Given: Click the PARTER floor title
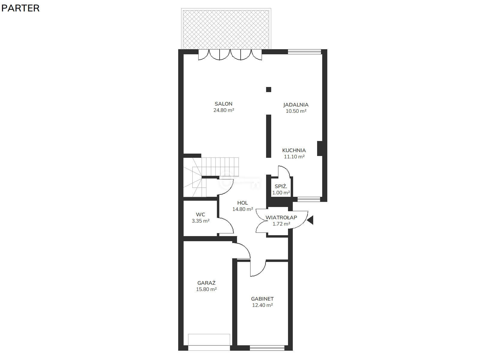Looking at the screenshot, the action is click(x=20, y=8).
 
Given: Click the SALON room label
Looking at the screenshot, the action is click(x=223, y=104).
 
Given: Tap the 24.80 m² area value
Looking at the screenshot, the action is click(x=224, y=110).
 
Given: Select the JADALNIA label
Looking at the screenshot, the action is click(x=296, y=105).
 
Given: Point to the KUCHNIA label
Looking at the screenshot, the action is click(x=294, y=150).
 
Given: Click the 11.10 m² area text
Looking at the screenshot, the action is click(x=294, y=157).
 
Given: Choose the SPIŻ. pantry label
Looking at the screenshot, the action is click(x=281, y=186).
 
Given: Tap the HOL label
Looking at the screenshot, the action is click(x=242, y=203).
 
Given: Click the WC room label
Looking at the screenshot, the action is click(x=200, y=214).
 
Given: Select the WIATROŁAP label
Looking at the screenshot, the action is click(x=281, y=217).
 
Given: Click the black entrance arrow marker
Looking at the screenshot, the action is click(x=310, y=220).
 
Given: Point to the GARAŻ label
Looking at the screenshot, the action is click(x=206, y=283).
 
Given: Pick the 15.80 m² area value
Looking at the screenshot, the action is click(x=206, y=289).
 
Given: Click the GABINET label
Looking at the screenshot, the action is click(x=262, y=299).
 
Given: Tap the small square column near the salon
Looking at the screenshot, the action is click(x=268, y=89).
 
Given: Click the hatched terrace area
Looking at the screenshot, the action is click(x=226, y=29).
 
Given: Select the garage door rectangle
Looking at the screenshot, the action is click(x=209, y=340).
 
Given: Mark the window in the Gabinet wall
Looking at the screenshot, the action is click(x=267, y=348).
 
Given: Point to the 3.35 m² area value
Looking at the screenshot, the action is click(x=200, y=221).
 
